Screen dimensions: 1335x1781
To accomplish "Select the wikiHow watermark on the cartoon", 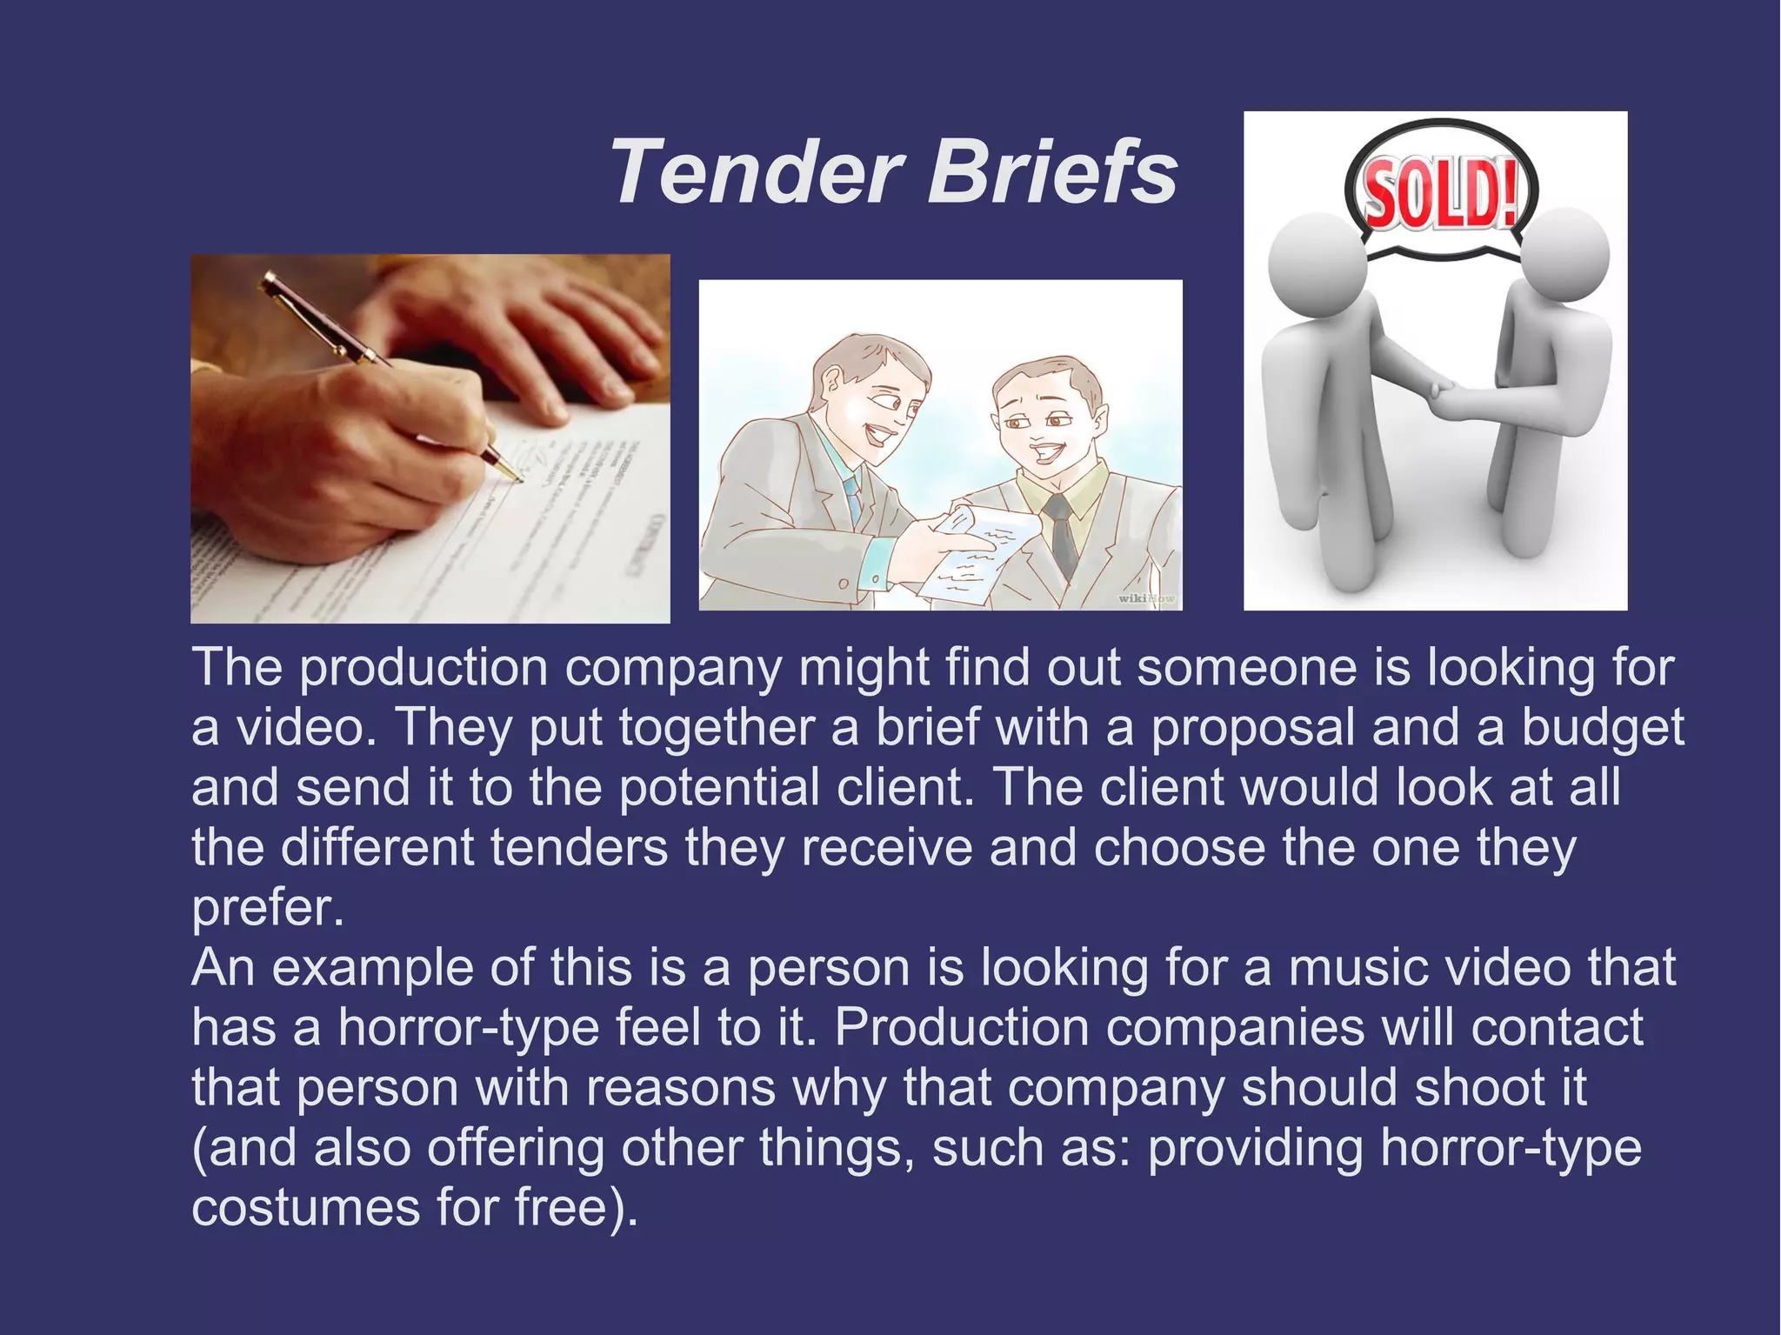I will point(1145,598).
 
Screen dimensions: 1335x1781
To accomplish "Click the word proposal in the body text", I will point(1253,728).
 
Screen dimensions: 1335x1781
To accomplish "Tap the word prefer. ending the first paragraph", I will point(268,909).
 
